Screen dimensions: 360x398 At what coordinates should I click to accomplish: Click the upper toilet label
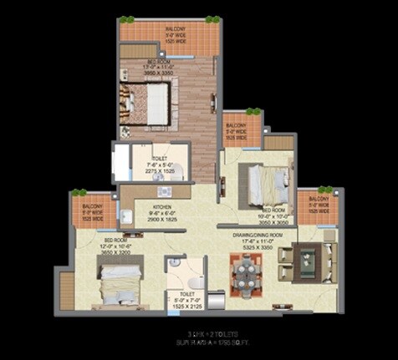pyautogui.click(x=160, y=157)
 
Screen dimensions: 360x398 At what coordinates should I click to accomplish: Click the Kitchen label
pyautogui.click(x=161, y=206)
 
